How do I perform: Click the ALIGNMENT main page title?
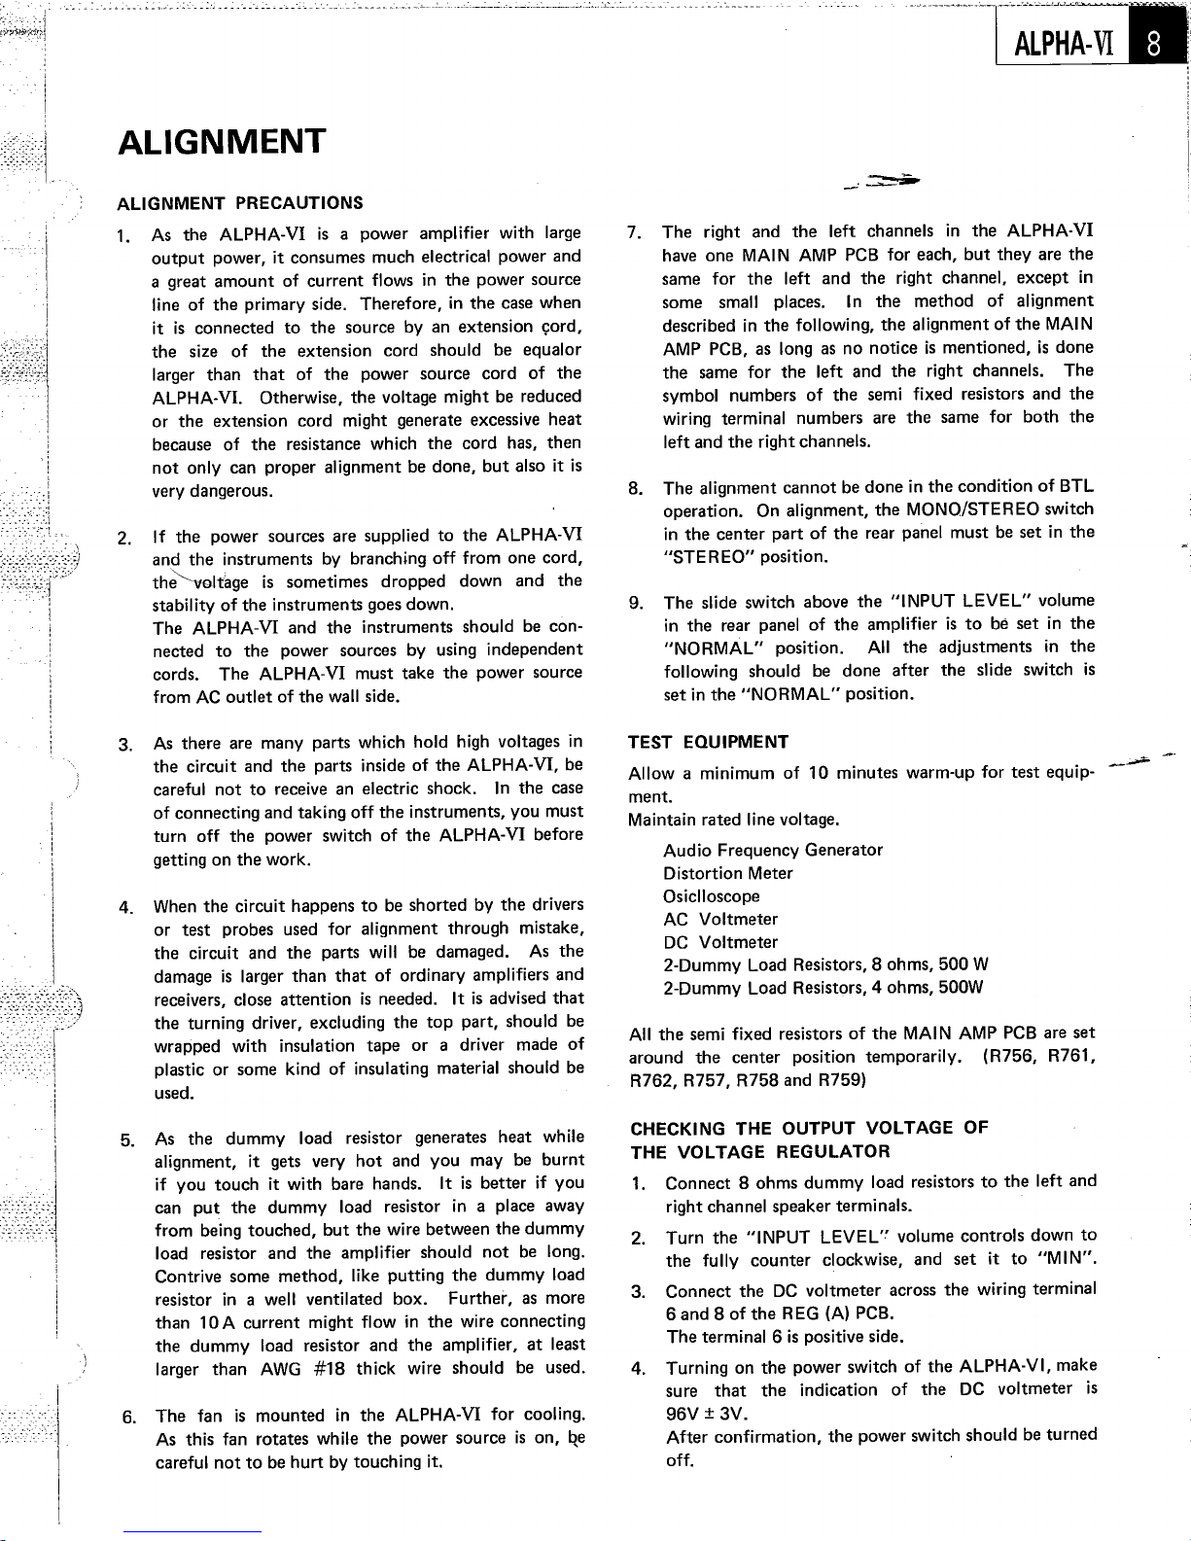(221, 142)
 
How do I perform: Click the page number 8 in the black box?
(1153, 45)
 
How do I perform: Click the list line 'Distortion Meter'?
(728, 873)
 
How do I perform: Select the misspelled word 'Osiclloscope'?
(712, 896)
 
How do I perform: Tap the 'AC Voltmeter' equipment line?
(720, 919)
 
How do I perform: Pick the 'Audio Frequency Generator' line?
(773, 850)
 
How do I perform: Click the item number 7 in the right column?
(634, 232)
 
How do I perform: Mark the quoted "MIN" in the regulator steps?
(1066, 1261)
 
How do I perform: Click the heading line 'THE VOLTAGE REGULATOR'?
(759, 1152)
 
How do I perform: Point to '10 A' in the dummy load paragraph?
(211, 1322)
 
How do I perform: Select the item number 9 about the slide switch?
(634, 602)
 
